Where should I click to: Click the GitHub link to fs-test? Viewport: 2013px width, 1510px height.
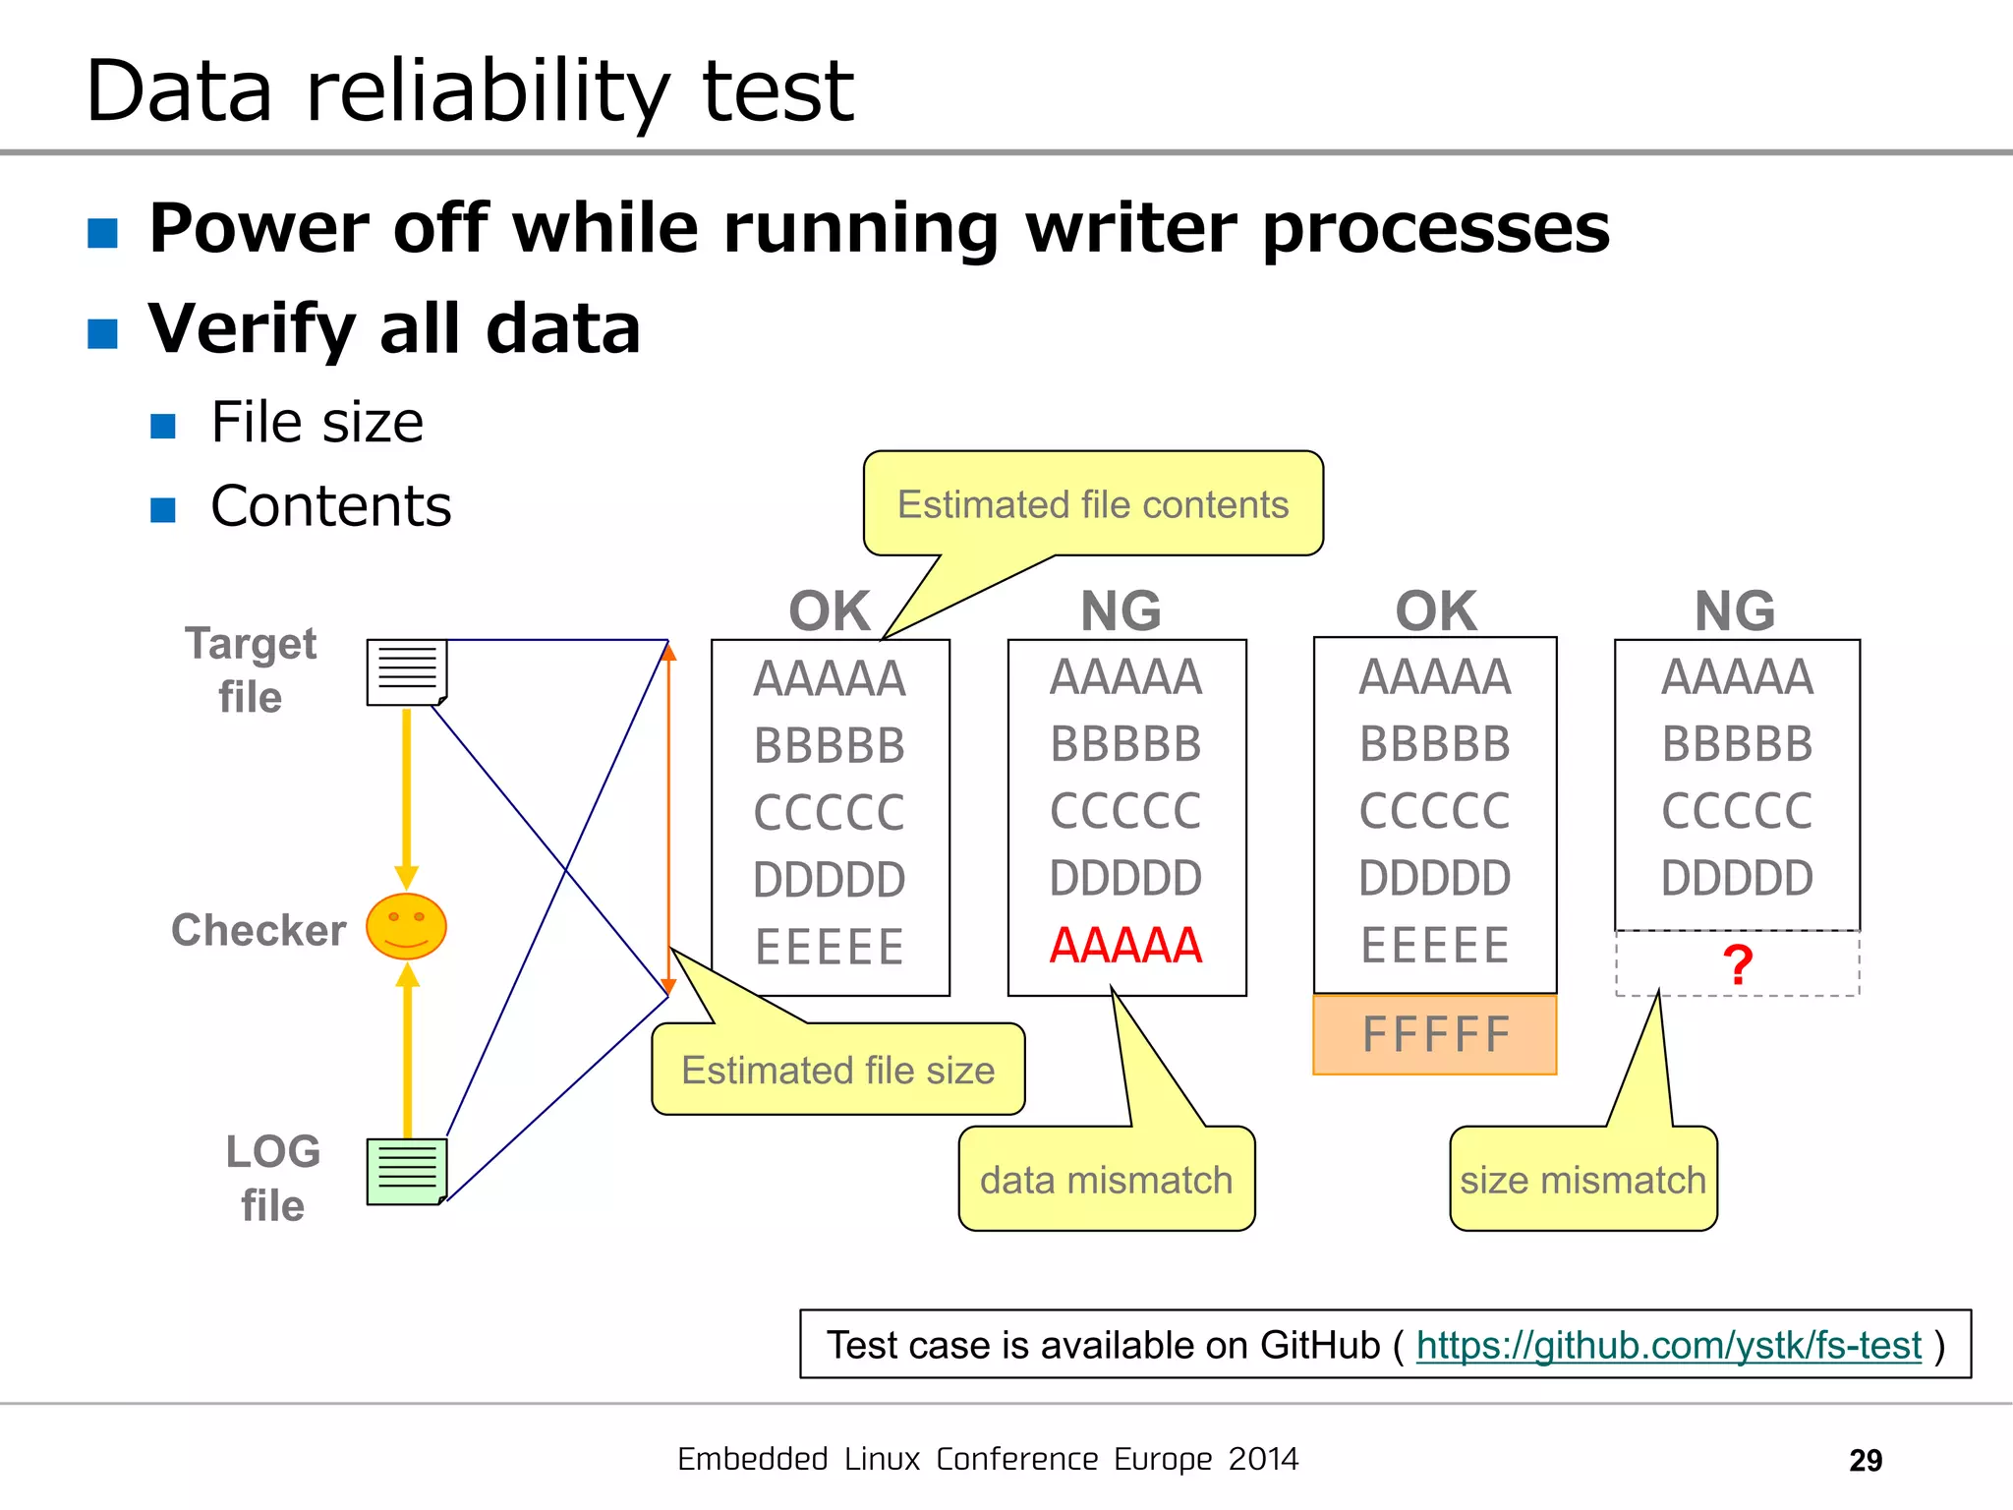click(1668, 1345)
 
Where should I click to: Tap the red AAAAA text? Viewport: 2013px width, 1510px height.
click(1125, 946)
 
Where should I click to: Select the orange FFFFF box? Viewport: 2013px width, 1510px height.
click(1434, 1035)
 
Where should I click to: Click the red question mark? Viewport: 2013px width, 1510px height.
click(1737, 965)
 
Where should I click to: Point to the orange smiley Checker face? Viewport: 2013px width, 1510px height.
click(406, 926)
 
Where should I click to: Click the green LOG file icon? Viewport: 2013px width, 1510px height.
click(407, 1171)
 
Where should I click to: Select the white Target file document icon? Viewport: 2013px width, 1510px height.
click(407, 672)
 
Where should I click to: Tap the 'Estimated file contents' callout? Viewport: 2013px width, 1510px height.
click(1092, 504)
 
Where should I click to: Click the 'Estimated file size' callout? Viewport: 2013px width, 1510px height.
click(837, 1070)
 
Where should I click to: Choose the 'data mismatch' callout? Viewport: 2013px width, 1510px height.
click(1106, 1179)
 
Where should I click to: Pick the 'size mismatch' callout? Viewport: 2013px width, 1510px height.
click(1582, 1179)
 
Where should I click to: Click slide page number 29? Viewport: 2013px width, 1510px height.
click(1865, 1460)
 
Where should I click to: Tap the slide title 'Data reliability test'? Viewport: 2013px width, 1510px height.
click(470, 90)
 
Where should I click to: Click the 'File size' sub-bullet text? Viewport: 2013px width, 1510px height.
click(316, 423)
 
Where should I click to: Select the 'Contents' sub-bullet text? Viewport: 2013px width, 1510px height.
click(330, 506)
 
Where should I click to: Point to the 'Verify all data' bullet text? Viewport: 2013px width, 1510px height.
click(394, 328)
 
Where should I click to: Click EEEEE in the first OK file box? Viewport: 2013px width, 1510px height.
click(829, 947)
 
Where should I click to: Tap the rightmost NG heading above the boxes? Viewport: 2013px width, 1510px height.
click(1735, 610)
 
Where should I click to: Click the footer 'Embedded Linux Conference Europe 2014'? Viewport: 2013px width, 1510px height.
click(988, 1459)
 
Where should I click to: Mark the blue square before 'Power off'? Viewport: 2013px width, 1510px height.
click(103, 233)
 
